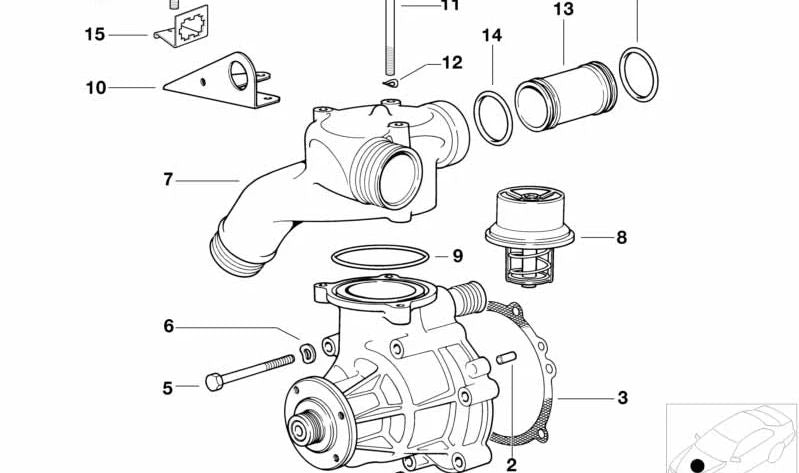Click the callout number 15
pos(95,35)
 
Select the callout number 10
pos(96,88)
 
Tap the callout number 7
pos(168,179)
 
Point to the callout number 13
pos(564,9)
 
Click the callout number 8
pos(621,237)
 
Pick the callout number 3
pos(622,398)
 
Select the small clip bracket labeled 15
pos(182,27)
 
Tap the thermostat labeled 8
pos(529,235)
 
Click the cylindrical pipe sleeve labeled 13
pos(566,96)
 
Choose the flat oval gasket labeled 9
pos(380,257)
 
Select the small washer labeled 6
pos(308,353)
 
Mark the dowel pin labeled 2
pos(506,358)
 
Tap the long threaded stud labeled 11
pos(390,38)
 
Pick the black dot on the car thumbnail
pos(698,465)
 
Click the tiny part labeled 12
pos(391,82)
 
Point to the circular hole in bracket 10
pos(238,75)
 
